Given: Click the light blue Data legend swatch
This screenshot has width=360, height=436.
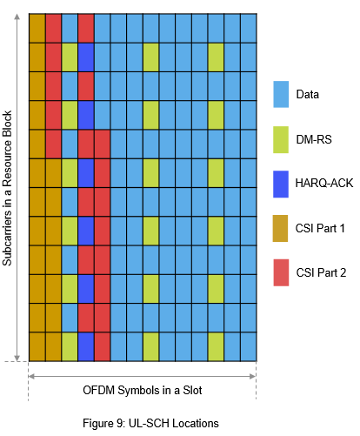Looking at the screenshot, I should [281, 93].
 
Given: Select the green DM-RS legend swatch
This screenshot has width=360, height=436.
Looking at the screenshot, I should [281, 138].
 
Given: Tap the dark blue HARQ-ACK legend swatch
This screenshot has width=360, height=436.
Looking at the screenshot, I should [281, 183].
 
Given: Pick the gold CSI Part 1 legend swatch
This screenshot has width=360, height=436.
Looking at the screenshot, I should [281, 227].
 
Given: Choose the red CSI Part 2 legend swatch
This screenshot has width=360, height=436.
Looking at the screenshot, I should [281, 272].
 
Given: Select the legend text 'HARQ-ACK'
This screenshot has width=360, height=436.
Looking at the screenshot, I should [322, 184].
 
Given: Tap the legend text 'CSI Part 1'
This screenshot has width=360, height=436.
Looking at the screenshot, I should [321, 228].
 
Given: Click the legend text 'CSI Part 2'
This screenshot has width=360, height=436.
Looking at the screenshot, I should [321, 273].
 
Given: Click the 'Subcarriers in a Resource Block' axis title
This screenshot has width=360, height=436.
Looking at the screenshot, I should [9, 187].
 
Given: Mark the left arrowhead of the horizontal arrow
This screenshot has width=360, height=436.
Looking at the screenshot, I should [32, 377].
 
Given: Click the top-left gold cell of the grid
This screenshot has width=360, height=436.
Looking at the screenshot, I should [37, 28].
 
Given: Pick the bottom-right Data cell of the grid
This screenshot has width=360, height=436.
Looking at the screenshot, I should [248, 345].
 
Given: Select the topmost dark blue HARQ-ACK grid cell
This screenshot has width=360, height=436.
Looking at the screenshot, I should [85, 57].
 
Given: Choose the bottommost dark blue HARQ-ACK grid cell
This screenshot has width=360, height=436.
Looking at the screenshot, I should [85, 345].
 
